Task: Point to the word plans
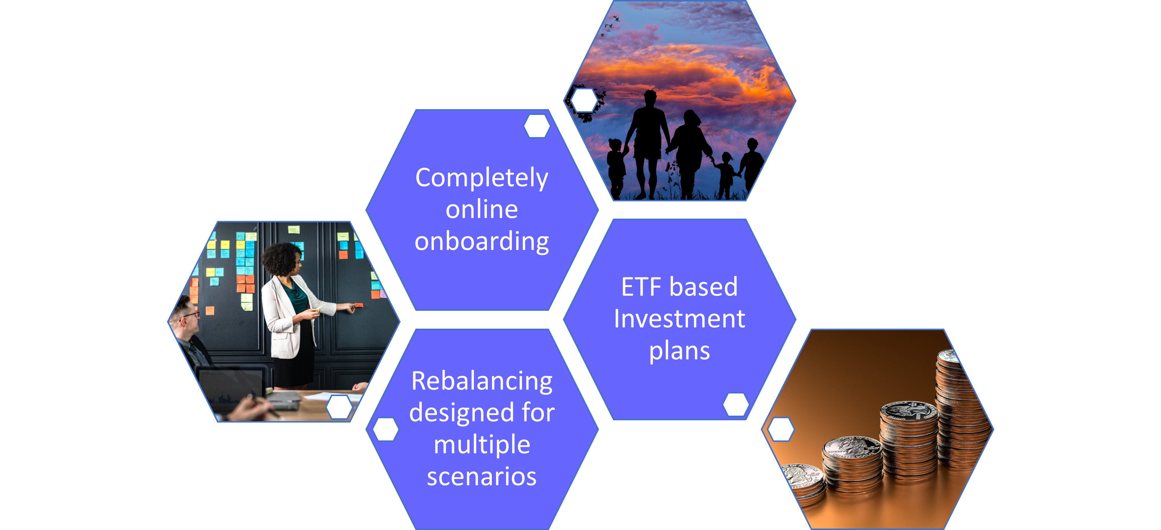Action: [680, 351]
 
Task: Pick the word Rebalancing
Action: [482, 382]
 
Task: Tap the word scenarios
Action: [482, 476]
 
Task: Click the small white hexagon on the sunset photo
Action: [585, 100]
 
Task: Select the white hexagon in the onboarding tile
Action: [537, 126]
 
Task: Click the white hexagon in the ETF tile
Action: [735, 404]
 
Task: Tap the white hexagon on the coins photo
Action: [781, 429]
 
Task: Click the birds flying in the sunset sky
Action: [610, 26]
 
